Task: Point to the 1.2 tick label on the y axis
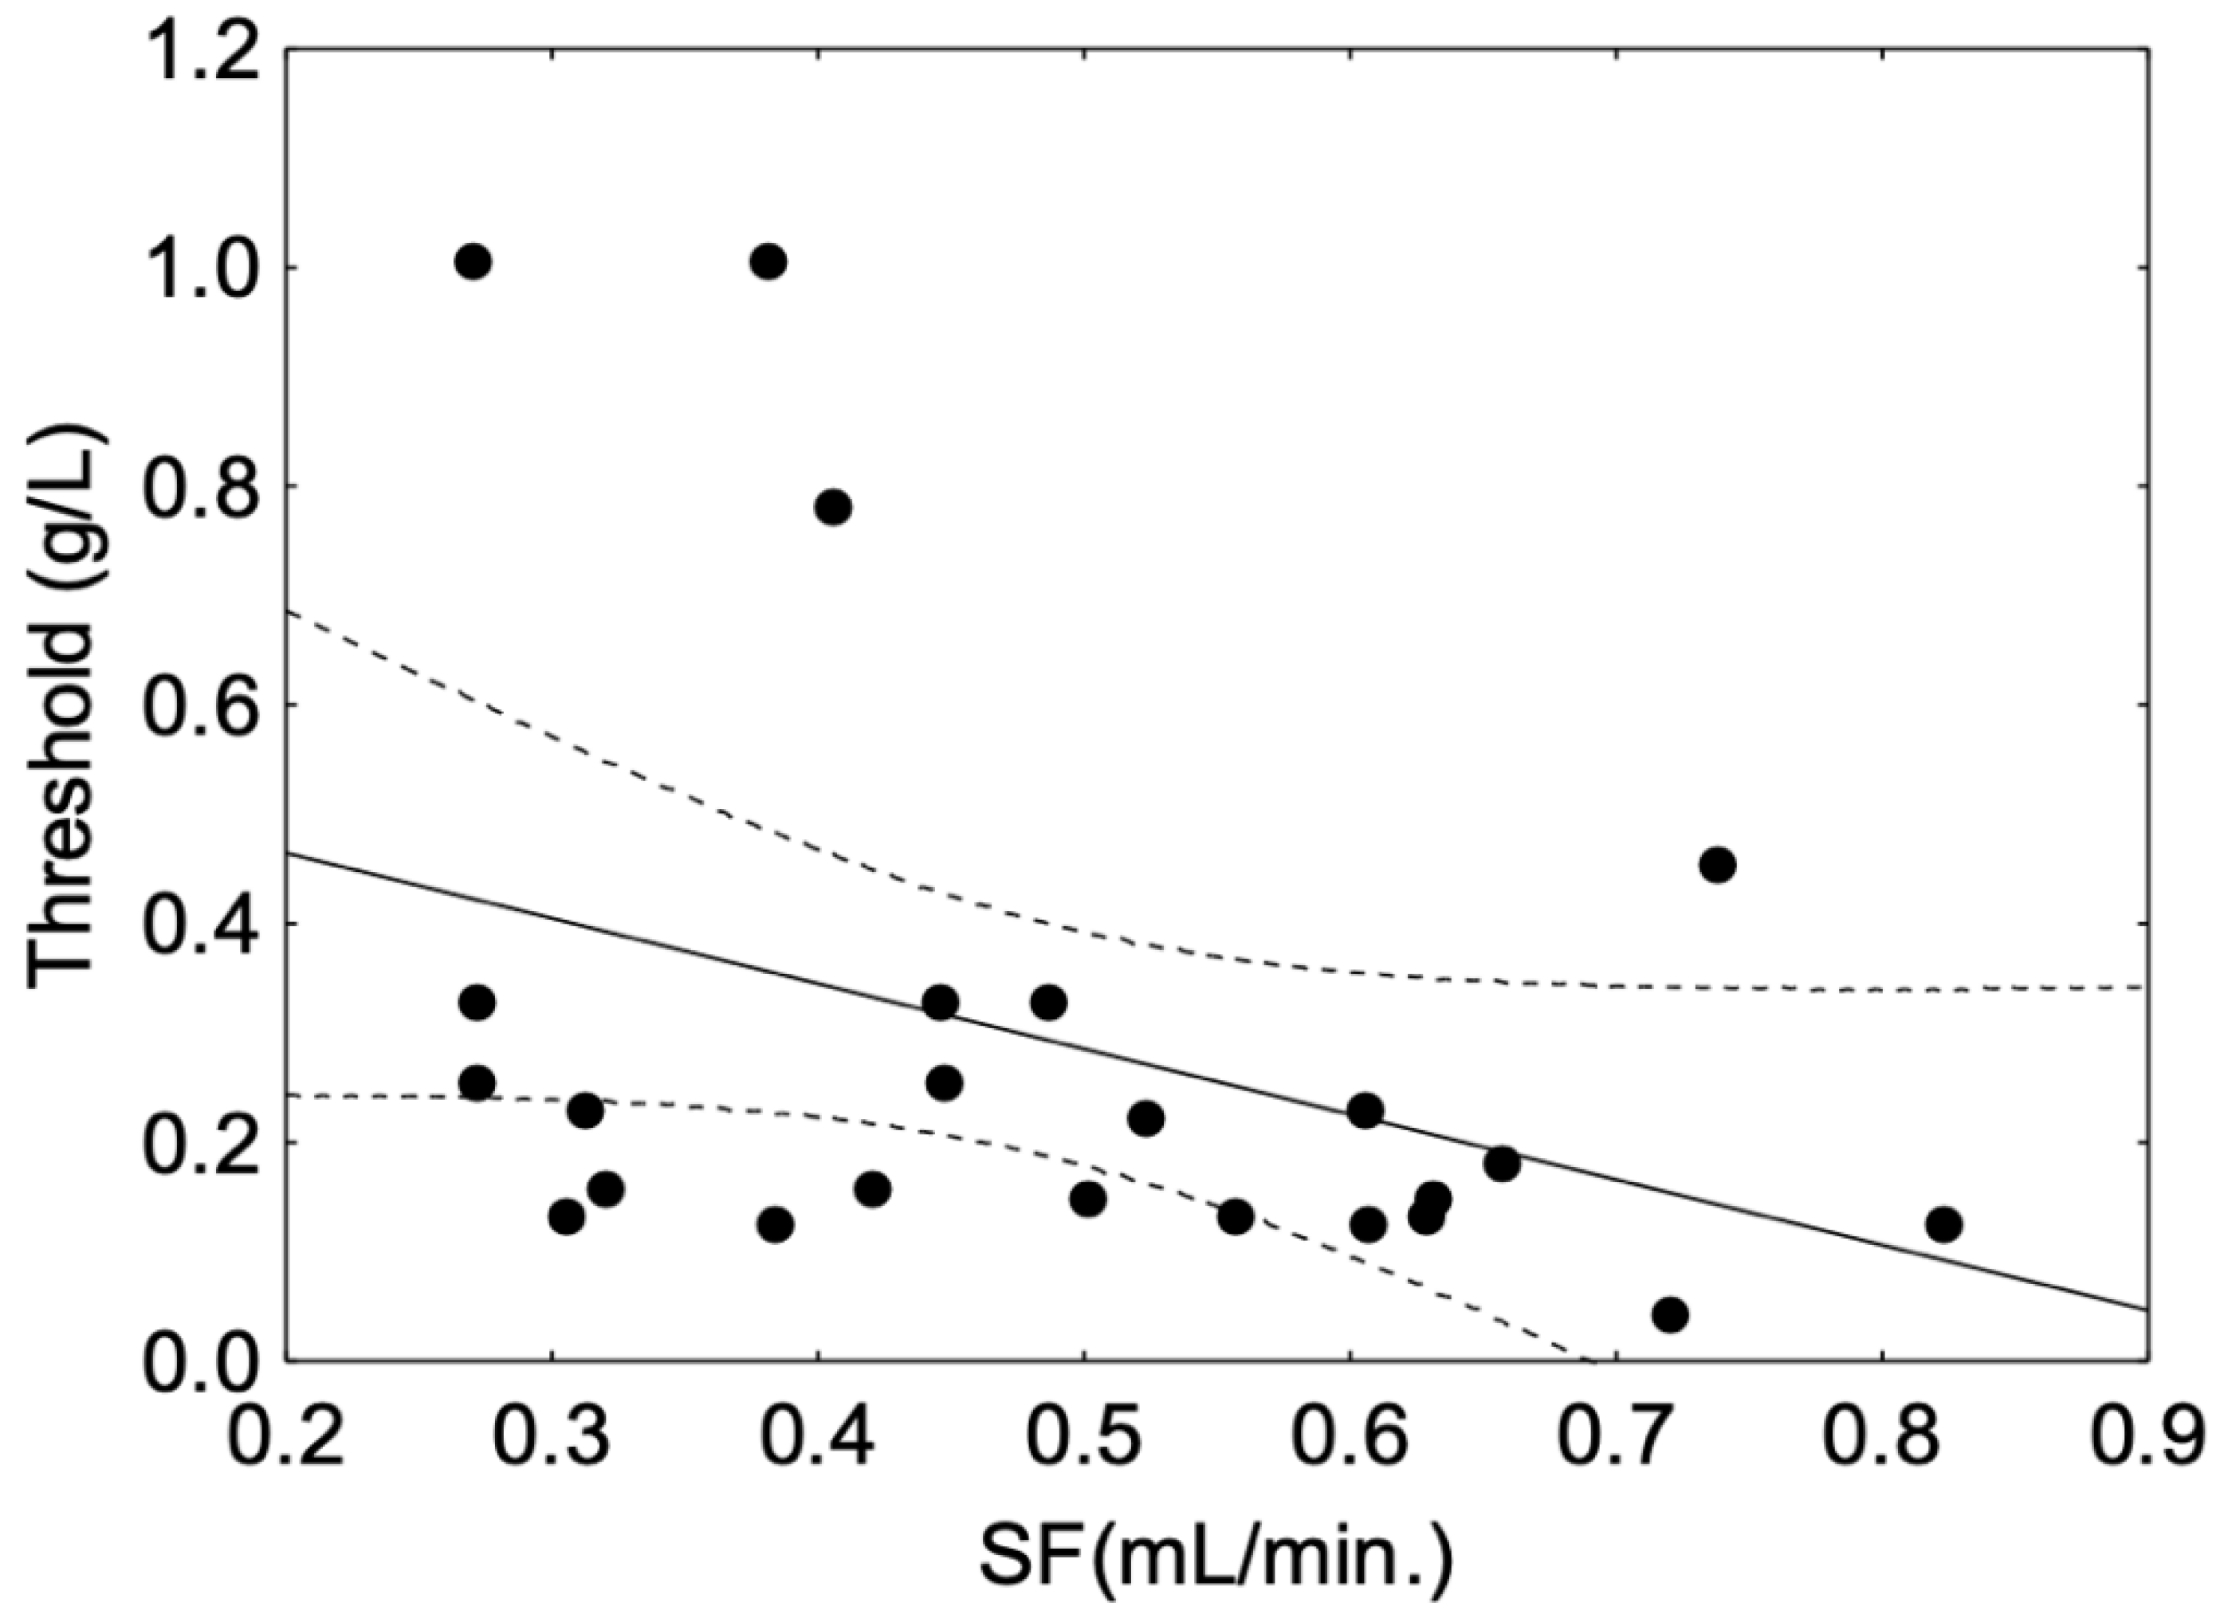[198, 49]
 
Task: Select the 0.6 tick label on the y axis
[198, 705]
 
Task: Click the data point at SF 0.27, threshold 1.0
[473, 261]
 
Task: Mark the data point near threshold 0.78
[832, 507]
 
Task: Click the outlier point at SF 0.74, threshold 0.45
[1717, 866]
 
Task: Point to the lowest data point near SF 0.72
[1670, 1314]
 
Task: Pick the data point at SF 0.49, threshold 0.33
[1048, 1003]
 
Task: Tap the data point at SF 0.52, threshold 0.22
[1145, 1119]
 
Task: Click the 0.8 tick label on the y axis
[198, 486]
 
